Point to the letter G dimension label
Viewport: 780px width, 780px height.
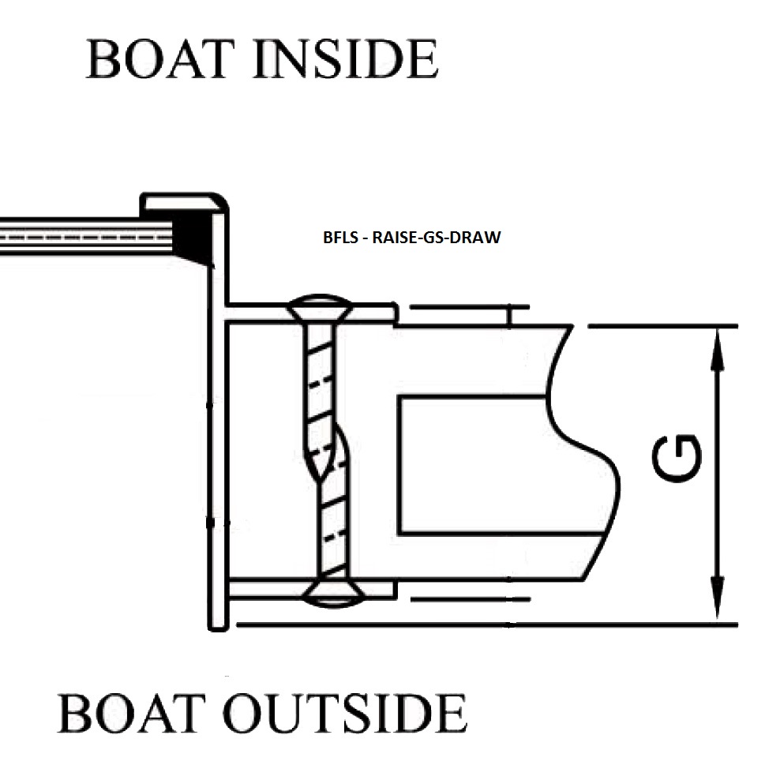pos(677,458)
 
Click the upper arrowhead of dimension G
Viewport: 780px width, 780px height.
pos(716,347)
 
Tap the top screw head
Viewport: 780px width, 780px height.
pos(319,305)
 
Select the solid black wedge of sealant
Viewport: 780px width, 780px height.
pos(193,237)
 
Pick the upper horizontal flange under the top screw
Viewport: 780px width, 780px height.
pos(371,313)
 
